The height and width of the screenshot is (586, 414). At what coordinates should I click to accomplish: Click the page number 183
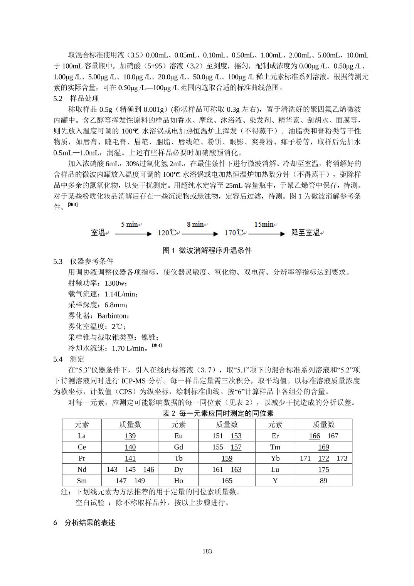tap(207, 551)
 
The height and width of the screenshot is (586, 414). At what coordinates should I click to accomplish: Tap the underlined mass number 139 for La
tap(130, 436)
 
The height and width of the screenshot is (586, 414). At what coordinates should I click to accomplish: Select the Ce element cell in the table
tap(82, 447)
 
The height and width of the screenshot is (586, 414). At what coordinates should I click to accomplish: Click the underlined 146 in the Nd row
tap(148, 470)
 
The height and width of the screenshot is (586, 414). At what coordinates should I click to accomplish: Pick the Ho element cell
tap(178, 481)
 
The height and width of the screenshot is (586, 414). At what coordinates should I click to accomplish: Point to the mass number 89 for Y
tap(323, 481)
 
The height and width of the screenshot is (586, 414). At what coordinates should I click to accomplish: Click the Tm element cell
tap(275, 447)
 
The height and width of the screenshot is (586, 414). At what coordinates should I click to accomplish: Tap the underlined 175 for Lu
tap(323, 470)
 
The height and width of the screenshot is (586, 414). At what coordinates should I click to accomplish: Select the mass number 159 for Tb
tap(227, 458)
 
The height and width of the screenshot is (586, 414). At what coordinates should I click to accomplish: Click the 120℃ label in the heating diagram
tap(169, 233)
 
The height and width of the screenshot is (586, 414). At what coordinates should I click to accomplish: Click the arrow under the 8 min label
tap(200, 234)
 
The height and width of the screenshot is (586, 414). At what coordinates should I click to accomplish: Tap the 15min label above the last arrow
tap(264, 224)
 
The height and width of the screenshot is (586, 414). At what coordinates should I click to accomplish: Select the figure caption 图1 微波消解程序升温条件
tap(207, 251)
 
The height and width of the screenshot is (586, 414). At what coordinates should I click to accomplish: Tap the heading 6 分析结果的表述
tap(84, 523)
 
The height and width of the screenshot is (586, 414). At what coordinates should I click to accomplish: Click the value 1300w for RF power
tap(114, 283)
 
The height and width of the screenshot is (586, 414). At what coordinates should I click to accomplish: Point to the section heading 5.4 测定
tap(69, 359)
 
